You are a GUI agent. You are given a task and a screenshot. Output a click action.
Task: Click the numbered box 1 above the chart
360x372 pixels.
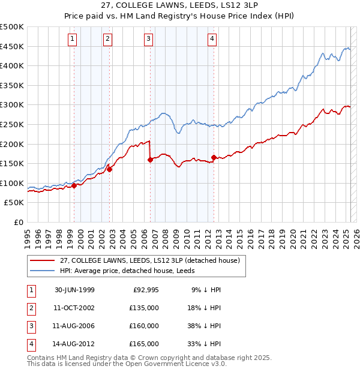coord(72,40)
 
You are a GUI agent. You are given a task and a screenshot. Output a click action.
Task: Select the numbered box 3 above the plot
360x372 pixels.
coord(148,40)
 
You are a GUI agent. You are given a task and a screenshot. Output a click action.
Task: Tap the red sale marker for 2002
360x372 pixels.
coord(110,169)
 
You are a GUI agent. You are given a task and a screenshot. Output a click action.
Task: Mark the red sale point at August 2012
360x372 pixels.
coord(214,157)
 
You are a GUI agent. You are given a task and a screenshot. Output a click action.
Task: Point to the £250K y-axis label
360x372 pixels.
coord(13,124)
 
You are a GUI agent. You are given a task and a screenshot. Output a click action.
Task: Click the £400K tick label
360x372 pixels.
coord(13,65)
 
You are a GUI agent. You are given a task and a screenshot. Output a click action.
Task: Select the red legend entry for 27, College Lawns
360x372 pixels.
coord(149,260)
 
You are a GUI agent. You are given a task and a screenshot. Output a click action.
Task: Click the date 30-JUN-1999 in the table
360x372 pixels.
coord(74,290)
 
